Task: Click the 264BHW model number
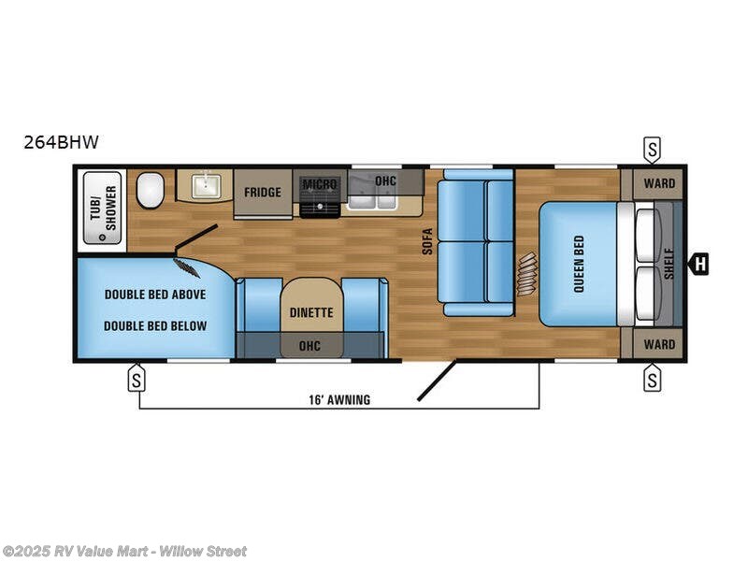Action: (62, 143)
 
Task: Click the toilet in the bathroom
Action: (150, 192)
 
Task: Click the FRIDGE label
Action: (263, 193)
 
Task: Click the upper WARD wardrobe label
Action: (658, 182)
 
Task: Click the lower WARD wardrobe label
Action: (658, 344)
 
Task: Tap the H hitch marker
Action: (698, 265)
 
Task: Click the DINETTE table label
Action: (311, 313)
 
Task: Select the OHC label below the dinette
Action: (309, 346)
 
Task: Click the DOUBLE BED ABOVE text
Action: (155, 294)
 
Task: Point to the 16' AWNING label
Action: (338, 399)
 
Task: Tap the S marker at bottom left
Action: (137, 380)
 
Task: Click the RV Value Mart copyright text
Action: (125, 552)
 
